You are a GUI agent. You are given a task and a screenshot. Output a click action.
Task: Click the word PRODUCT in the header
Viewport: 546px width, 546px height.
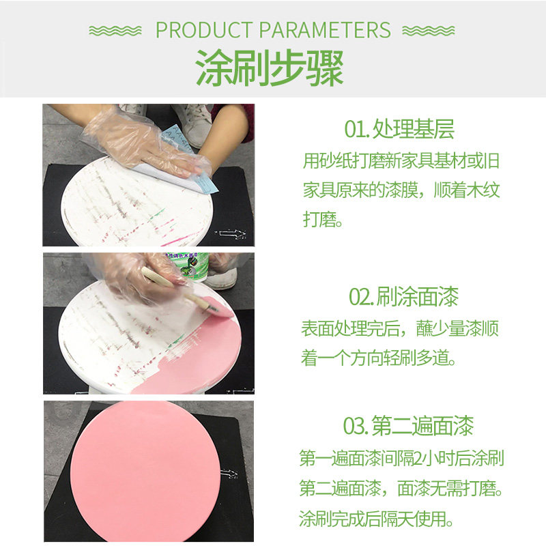[x=203, y=30]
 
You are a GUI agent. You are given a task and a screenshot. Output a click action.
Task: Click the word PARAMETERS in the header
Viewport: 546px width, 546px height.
[x=325, y=30]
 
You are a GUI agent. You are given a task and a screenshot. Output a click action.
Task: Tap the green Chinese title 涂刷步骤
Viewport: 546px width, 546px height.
[x=270, y=68]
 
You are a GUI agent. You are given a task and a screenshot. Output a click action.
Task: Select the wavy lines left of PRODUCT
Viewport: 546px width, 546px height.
[x=115, y=31]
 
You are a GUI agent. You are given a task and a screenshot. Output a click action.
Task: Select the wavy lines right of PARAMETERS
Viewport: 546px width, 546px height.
[x=429, y=31]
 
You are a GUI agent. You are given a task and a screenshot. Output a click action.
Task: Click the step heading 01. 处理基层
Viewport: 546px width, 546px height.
[x=399, y=129]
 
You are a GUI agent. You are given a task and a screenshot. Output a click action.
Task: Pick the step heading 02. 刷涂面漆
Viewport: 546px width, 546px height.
[x=403, y=296]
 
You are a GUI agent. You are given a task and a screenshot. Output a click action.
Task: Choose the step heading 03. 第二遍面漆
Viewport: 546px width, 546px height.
[x=408, y=425]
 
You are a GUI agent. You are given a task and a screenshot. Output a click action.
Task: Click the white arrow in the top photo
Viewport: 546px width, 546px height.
[x=230, y=233]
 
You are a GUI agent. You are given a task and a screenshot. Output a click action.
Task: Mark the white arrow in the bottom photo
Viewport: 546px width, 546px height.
[x=229, y=474]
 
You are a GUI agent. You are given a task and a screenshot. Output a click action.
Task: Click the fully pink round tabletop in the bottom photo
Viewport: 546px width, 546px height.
[x=145, y=472]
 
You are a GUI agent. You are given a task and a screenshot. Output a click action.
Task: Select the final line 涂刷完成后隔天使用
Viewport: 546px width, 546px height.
[x=376, y=519]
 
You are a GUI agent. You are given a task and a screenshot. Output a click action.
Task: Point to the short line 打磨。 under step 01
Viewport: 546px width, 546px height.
[x=323, y=219]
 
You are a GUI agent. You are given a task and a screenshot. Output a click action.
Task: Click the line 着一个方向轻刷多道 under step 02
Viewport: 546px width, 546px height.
[x=378, y=358]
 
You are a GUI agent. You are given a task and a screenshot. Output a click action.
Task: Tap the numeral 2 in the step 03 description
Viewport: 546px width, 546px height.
[x=418, y=458]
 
